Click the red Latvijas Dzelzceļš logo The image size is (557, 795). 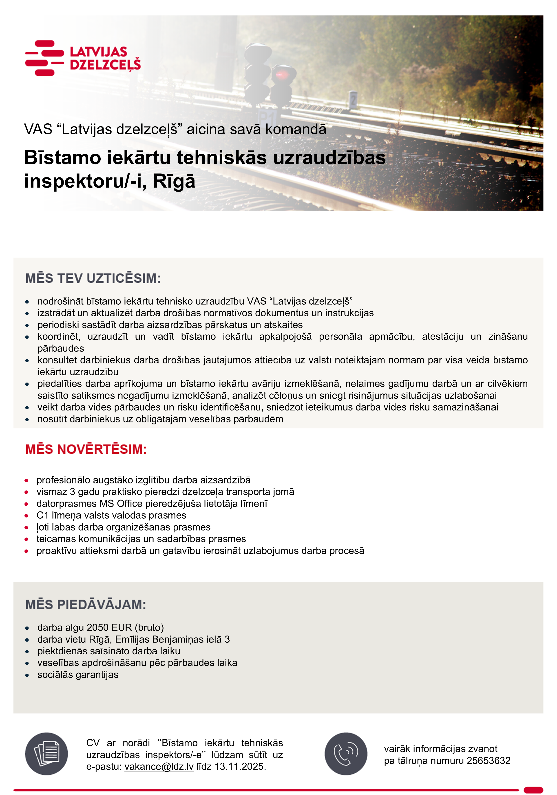click(x=82, y=58)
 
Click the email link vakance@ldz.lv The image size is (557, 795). click(x=159, y=767)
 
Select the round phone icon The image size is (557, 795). click(x=346, y=754)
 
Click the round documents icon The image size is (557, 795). click(x=46, y=754)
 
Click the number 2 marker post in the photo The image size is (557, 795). click(x=353, y=100)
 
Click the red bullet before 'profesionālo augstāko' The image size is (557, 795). click(x=26, y=480)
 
